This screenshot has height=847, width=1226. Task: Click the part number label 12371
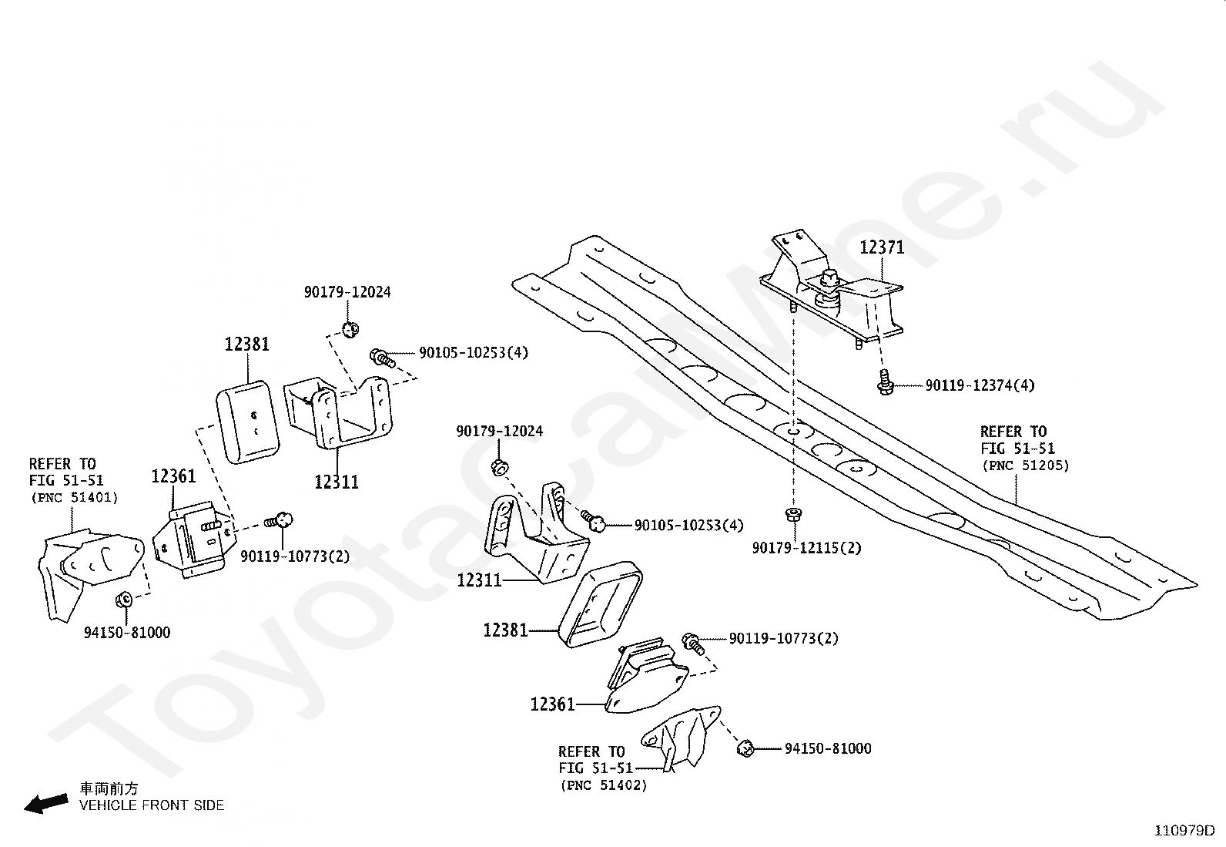click(882, 247)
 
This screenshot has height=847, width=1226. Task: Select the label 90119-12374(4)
click(980, 385)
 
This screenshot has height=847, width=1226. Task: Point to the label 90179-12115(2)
click(806, 548)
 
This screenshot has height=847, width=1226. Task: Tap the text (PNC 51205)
click(1025, 466)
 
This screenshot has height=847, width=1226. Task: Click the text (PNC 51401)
click(75, 497)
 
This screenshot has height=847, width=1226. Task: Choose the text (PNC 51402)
click(604, 785)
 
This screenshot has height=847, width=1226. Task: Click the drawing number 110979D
click(1184, 831)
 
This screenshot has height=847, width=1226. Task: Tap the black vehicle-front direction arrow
click(46, 804)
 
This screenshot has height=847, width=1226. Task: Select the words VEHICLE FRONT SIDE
click(152, 805)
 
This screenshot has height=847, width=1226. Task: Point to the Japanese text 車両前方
click(109, 788)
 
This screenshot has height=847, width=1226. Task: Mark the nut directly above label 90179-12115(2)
click(794, 515)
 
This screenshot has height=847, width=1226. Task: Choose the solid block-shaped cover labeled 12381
click(247, 422)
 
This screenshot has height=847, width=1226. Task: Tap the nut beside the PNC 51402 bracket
click(745, 748)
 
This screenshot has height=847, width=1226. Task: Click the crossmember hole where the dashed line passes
click(794, 431)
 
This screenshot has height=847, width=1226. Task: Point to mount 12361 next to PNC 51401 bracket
click(194, 539)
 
